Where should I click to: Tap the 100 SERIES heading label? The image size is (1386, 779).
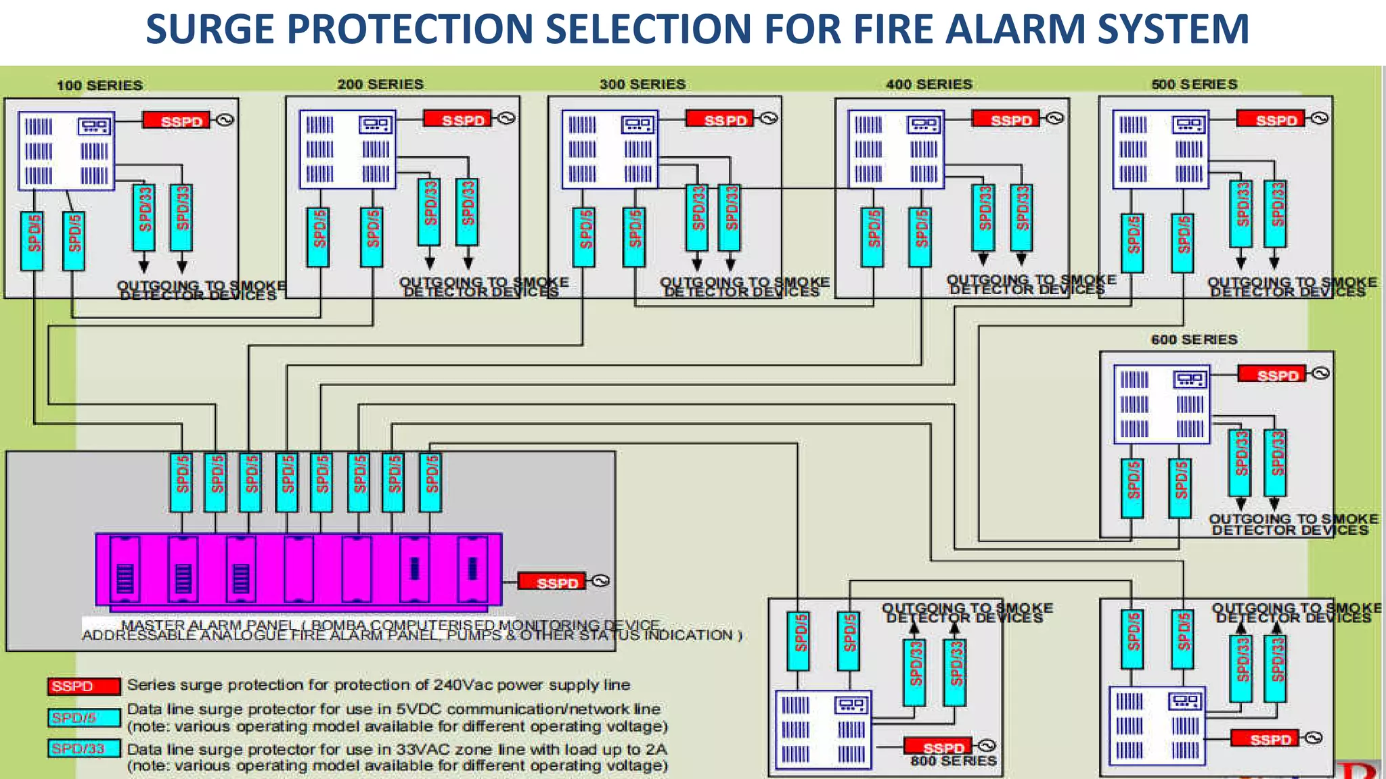click(x=99, y=85)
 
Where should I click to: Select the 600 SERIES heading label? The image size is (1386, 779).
click(x=1194, y=339)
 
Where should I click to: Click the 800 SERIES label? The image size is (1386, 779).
click(x=953, y=761)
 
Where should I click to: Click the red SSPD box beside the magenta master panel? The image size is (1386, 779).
click(x=552, y=582)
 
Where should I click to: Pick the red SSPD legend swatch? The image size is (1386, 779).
click(x=84, y=686)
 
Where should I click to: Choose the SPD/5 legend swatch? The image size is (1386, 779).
click(x=84, y=717)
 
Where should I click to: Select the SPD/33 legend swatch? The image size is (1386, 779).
click(x=84, y=749)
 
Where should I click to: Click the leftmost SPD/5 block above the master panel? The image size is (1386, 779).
click(x=181, y=482)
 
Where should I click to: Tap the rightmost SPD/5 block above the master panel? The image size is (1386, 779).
click(x=430, y=482)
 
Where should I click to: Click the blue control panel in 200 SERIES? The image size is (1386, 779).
click(x=347, y=149)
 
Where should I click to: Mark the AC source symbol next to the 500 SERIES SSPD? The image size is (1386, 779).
click(x=1319, y=118)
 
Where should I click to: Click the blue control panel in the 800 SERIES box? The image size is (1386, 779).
click(x=823, y=729)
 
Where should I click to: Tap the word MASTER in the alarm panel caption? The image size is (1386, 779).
click(x=148, y=625)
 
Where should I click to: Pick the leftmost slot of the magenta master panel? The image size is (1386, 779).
click(x=125, y=569)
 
